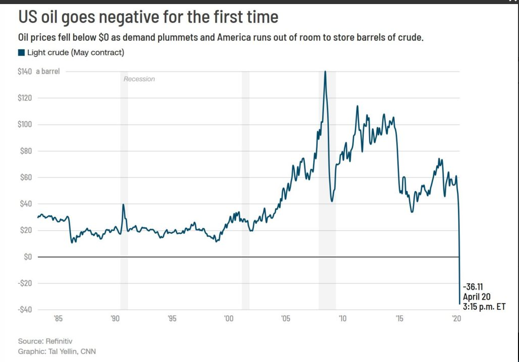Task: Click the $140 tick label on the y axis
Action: point(25,71)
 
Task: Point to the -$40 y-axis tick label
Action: point(25,309)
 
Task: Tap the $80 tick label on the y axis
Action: point(25,151)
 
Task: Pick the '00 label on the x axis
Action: point(229,318)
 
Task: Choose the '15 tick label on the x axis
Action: point(399,318)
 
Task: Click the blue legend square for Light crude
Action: point(21,53)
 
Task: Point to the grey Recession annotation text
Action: point(139,79)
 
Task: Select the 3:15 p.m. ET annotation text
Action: point(484,307)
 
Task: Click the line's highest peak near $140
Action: point(325,72)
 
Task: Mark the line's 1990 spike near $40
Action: point(123,205)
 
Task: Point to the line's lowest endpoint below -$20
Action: point(460,304)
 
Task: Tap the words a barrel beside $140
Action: point(48,71)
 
